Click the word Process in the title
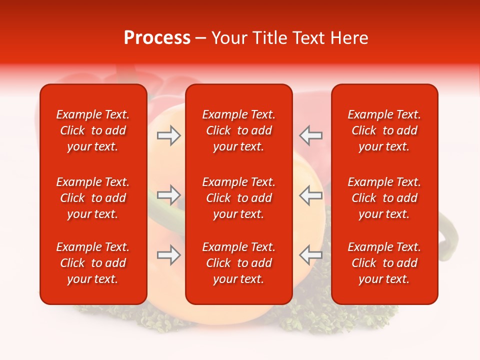point(157,38)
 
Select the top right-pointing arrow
point(168,135)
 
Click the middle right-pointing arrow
point(168,195)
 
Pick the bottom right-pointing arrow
point(168,255)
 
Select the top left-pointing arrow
point(310,135)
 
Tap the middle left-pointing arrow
point(310,195)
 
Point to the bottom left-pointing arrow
point(310,255)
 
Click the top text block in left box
point(93,130)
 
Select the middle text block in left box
point(93,198)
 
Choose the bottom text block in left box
point(93,263)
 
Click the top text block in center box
point(238,130)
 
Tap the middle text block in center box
point(238,198)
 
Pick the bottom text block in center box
point(238,263)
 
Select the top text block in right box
point(384,130)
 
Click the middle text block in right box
point(384,198)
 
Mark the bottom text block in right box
point(384,263)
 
